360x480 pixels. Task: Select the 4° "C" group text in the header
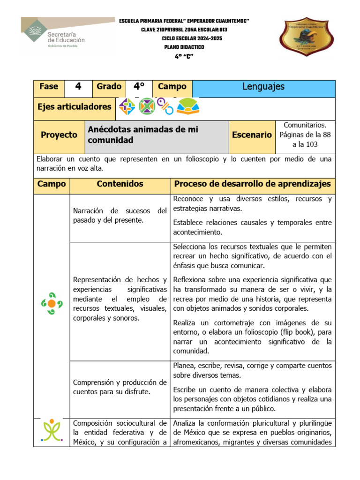[x=183, y=56]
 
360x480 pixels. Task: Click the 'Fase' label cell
[x=49, y=87]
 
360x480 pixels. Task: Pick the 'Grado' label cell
[x=109, y=87]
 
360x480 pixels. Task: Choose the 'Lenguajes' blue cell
[x=263, y=87]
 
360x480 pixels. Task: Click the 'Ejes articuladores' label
[x=75, y=107]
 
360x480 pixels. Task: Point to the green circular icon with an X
[x=147, y=107]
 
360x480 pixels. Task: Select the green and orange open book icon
[x=187, y=107]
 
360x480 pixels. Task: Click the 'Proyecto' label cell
[x=59, y=135]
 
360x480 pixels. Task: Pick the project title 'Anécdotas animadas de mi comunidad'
[x=143, y=135]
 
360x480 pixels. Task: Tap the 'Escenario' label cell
[x=252, y=135]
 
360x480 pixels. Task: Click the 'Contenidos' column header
[x=120, y=184]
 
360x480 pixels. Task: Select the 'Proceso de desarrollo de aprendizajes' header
[x=252, y=184]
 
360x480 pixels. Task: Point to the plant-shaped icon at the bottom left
[x=52, y=430]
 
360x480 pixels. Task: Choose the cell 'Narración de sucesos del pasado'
[x=120, y=216]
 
